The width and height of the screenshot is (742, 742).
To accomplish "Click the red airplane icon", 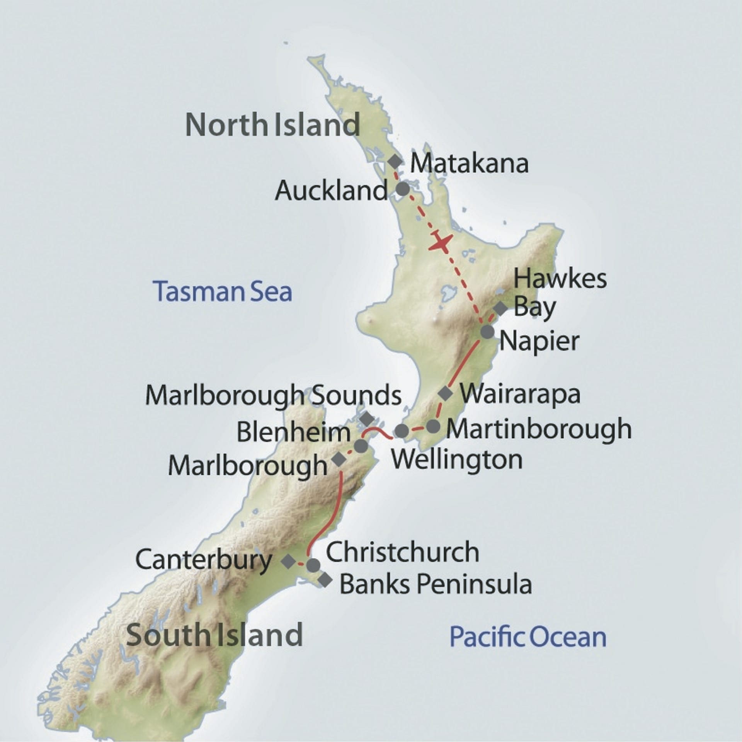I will (x=440, y=243).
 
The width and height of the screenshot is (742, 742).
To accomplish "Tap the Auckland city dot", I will (x=403, y=189).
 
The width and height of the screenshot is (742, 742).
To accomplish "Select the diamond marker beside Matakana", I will (x=395, y=161).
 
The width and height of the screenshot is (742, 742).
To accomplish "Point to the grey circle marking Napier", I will (x=487, y=332).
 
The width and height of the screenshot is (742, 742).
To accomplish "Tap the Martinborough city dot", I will (x=433, y=426).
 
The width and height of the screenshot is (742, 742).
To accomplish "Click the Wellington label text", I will (x=457, y=459).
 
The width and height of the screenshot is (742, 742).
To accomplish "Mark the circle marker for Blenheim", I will (x=361, y=446).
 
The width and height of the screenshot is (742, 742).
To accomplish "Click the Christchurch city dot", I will (x=313, y=565).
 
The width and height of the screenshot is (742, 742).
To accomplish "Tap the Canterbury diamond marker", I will (x=288, y=561).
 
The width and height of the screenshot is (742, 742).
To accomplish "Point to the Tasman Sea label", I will (x=223, y=292).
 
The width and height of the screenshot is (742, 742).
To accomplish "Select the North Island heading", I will (x=272, y=125).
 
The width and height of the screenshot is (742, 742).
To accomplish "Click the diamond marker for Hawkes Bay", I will (x=501, y=308).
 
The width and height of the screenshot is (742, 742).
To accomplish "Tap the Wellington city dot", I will (x=402, y=431).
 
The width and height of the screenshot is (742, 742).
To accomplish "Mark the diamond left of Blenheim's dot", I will (x=339, y=459).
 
